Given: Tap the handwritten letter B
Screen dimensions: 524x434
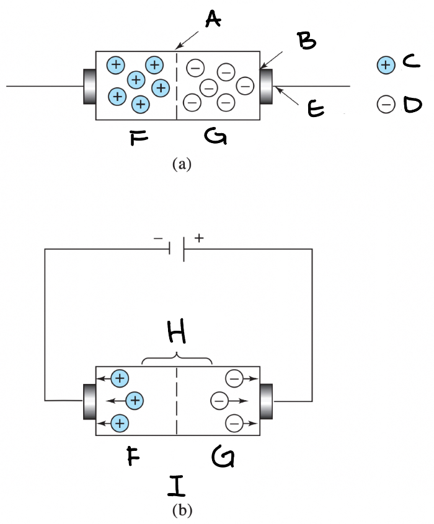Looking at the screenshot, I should click(x=306, y=41).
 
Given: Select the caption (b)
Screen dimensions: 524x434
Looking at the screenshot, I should click(x=182, y=511).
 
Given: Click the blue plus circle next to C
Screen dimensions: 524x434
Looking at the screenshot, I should click(x=385, y=64).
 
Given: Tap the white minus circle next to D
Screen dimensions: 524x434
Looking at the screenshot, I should click(x=385, y=105).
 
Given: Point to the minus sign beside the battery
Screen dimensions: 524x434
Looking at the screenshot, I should click(x=159, y=238).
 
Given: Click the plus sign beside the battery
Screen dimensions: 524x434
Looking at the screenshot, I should click(x=198, y=237).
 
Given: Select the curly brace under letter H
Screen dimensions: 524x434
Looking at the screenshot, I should click(x=177, y=360).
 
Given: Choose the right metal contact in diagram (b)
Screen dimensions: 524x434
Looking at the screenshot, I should click(x=267, y=401).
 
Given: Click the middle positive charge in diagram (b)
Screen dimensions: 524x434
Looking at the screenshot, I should click(x=134, y=401).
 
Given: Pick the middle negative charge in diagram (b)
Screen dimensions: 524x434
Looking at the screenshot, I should click(x=219, y=401).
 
